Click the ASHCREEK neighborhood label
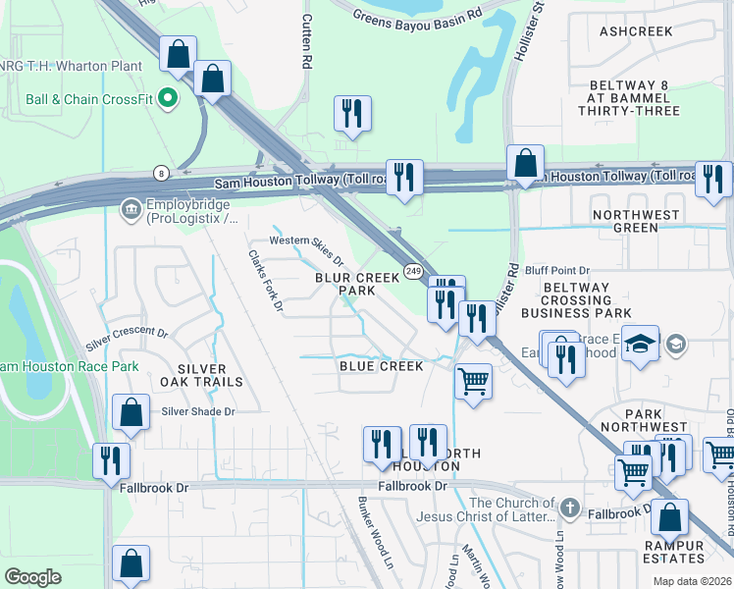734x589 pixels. coord(637,31)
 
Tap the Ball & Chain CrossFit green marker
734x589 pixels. coord(168,97)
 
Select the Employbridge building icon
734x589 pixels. coord(130,208)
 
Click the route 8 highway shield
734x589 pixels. coord(160,173)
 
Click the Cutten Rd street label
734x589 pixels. coord(307,39)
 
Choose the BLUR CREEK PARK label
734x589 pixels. coord(344,285)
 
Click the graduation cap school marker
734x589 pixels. coord(640,344)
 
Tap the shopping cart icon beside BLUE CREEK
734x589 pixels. coord(474,380)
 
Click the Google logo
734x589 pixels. coord(32,577)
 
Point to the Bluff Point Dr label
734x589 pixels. coord(556,270)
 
